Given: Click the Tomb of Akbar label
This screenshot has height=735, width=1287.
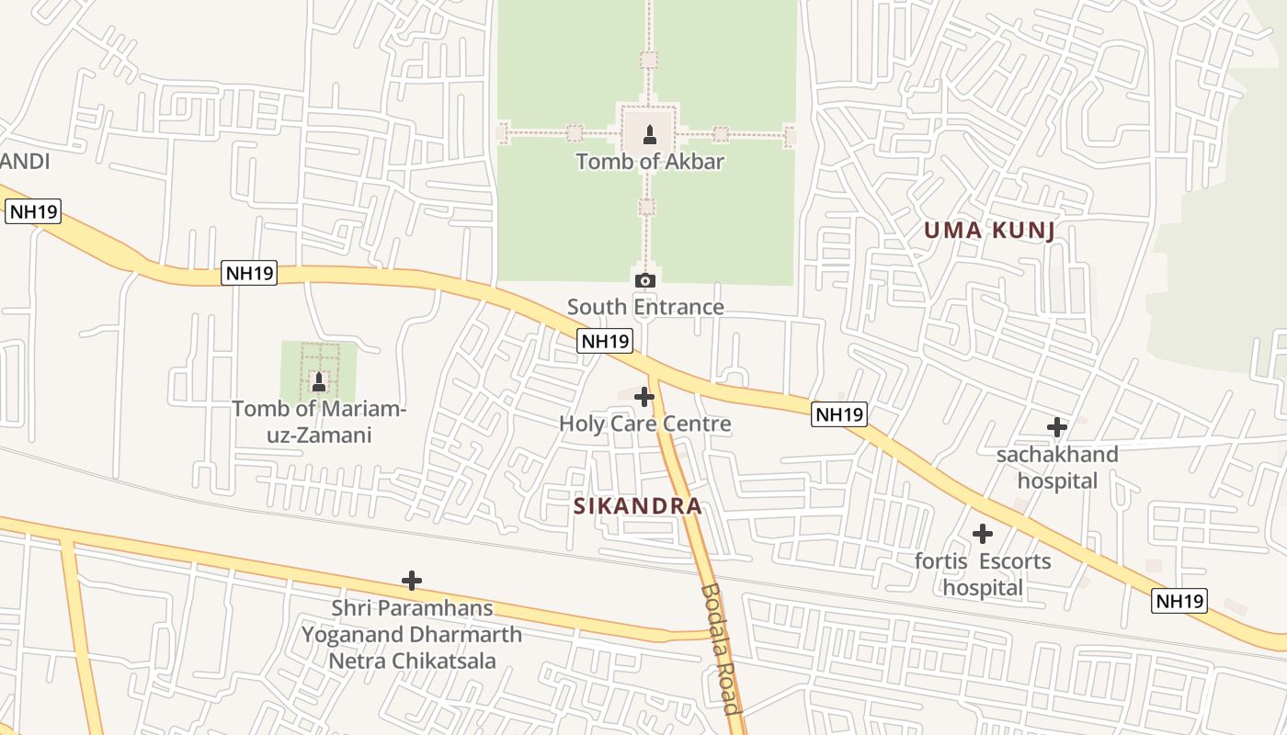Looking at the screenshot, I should click(650, 162).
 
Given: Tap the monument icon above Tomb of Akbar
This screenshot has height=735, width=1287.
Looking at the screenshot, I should click(649, 135).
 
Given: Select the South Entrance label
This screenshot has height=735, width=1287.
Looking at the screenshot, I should click(645, 307).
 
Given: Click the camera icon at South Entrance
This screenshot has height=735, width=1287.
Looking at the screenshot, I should click(645, 280).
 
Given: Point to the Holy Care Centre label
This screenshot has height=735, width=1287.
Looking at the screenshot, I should click(645, 424).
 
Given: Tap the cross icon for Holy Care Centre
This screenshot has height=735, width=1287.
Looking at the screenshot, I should click(644, 397).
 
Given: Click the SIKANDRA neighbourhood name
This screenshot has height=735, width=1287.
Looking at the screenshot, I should click(638, 505).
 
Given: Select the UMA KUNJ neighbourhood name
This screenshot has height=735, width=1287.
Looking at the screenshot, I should click(989, 231).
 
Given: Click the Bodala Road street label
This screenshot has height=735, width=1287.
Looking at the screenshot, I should click(720, 649).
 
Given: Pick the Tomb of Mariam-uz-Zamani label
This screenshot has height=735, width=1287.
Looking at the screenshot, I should click(319, 422).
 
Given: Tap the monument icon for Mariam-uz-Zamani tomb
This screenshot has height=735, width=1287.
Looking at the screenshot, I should click(319, 381).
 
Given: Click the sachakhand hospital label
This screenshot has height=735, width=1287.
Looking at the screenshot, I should click(1057, 468).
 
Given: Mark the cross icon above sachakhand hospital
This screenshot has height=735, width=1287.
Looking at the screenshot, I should click(1057, 426).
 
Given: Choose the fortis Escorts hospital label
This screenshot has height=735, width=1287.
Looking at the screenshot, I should click(983, 574).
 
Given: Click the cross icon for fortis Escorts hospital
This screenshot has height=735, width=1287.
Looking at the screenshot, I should click(983, 533).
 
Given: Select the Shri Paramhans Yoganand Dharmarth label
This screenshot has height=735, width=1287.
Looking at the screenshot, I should click(412, 634).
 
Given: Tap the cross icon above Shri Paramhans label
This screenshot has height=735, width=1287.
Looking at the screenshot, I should click(412, 580).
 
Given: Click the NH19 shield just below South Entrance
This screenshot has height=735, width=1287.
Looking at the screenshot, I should click(605, 341).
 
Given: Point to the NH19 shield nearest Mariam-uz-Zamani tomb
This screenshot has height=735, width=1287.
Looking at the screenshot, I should click(248, 273).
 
